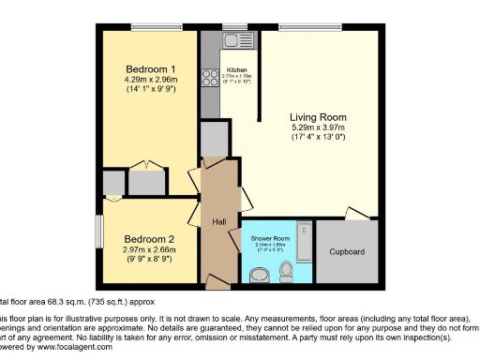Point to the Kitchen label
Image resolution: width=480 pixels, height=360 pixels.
[x=236, y=69]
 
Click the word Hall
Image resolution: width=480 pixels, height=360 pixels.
[x=218, y=221]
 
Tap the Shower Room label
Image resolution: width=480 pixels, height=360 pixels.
[x=270, y=239]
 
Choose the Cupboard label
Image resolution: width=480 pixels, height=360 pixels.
[x=347, y=252]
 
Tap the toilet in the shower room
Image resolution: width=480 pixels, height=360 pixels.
[x=286, y=271]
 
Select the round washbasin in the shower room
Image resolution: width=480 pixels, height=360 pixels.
[x=262, y=274]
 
